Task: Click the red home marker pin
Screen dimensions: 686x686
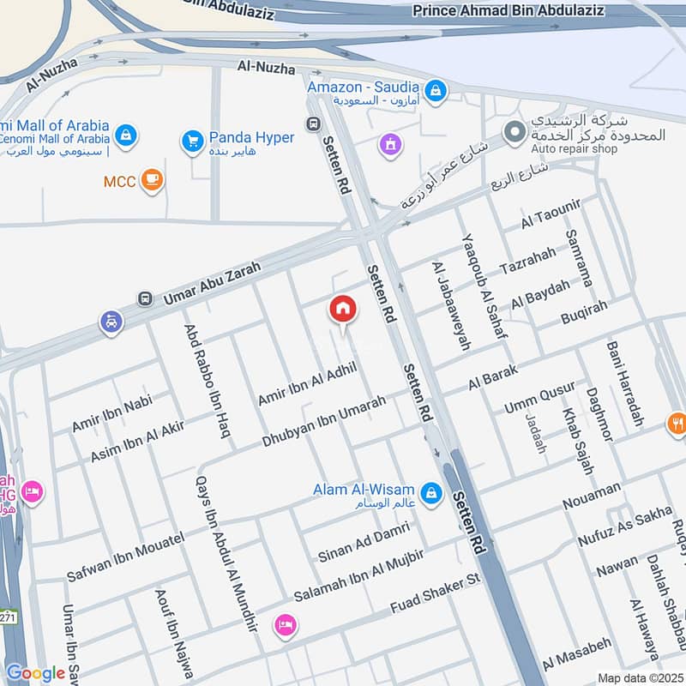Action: tap(343, 310)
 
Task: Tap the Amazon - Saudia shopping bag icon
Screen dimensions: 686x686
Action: tap(436, 90)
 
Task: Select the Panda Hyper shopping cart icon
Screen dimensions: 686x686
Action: tap(191, 139)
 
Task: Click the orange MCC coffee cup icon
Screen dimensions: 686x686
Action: tap(153, 181)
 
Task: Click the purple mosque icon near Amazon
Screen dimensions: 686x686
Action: tap(390, 145)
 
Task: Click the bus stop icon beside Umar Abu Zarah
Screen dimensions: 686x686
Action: tap(145, 299)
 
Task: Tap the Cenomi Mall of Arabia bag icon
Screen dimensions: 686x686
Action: tap(126, 135)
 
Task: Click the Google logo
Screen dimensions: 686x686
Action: tap(35, 673)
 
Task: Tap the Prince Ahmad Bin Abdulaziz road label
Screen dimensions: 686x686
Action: tap(521, 11)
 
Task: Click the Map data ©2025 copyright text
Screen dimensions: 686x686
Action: tap(639, 678)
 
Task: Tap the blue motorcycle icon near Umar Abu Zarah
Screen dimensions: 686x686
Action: tap(111, 322)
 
